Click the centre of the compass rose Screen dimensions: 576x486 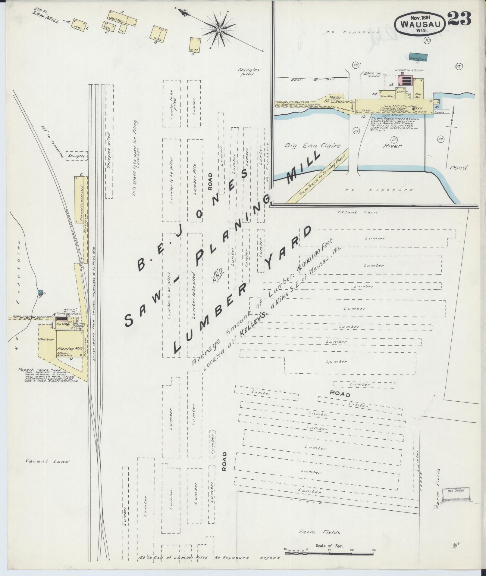click(219, 30)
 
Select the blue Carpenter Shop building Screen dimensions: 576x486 click(418, 56)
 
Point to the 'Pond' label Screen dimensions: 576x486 click(458, 167)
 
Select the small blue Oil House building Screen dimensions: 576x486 click(40, 292)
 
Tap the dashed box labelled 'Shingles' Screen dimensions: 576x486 click(77, 156)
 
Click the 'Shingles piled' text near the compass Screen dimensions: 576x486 click(248, 72)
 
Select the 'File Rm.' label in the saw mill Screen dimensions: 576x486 click(417, 96)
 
